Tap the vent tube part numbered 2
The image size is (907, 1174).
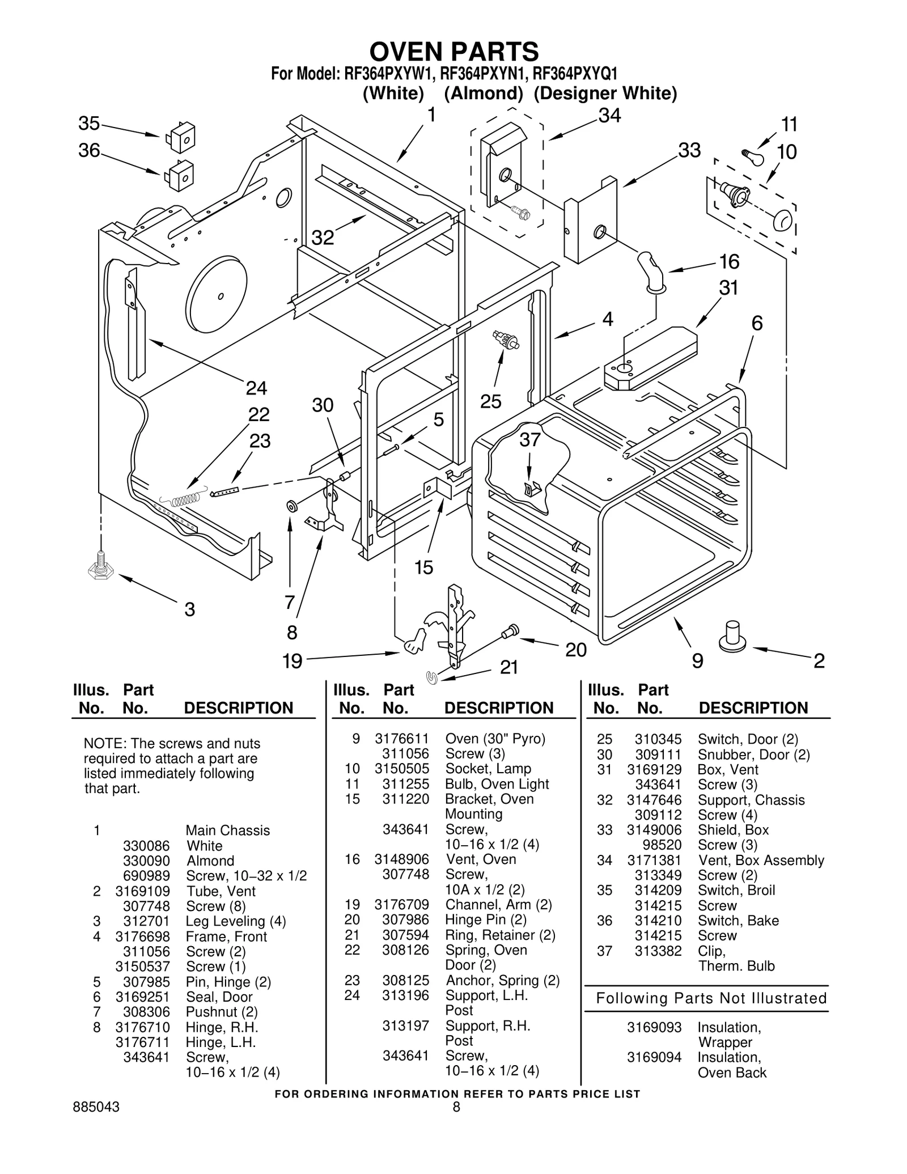click(x=732, y=637)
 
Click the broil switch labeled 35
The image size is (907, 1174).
click(x=180, y=137)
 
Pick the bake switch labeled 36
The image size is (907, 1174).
click(x=180, y=175)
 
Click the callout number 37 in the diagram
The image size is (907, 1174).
click(x=530, y=439)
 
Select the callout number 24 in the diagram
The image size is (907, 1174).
click(x=256, y=388)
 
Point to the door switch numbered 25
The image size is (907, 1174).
click(x=506, y=340)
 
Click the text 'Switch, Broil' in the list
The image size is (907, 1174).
click(x=736, y=890)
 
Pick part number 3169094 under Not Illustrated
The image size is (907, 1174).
click(x=654, y=1057)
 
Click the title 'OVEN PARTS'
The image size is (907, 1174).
click(x=454, y=52)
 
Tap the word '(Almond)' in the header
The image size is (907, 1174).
click(x=483, y=93)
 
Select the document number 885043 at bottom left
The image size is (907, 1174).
click(x=96, y=1107)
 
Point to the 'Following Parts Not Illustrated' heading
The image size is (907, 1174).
click(x=711, y=998)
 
